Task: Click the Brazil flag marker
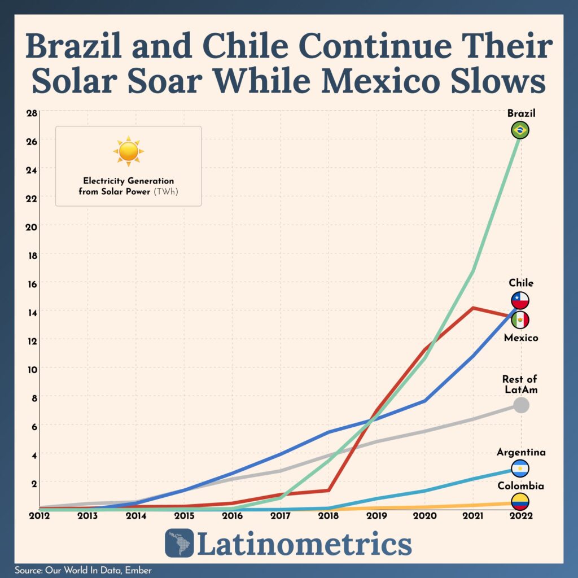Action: tap(520, 130)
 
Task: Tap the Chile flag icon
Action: tap(520, 300)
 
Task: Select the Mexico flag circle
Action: tap(520, 320)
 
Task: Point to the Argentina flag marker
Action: tap(520, 468)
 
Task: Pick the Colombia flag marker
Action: tap(520, 501)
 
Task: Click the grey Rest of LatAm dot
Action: tap(521, 405)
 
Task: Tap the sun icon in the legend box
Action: tap(128, 151)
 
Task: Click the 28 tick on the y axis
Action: tap(31, 112)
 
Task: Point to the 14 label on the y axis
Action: tap(31, 312)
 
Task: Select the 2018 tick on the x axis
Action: tap(329, 515)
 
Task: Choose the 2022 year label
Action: tap(520, 515)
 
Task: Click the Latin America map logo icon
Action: tap(179, 543)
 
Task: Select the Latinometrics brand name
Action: tap(304, 544)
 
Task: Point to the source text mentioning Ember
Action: tap(83, 570)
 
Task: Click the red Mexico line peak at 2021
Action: tap(472, 308)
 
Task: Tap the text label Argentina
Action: tap(521, 452)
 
